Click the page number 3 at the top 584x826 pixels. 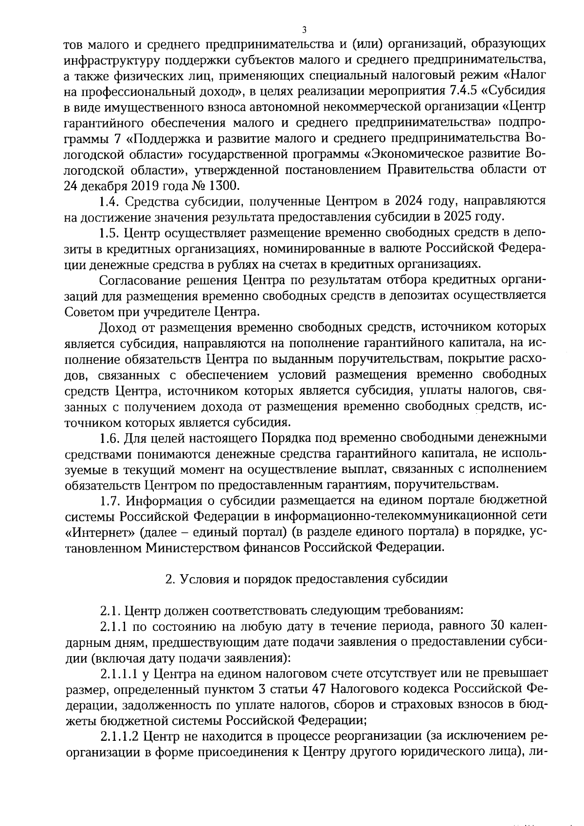tap(304, 30)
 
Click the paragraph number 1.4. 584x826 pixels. tap(109, 201)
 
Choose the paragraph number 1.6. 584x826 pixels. tap(109, 438)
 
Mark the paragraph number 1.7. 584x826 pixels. tap(109, 500)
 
